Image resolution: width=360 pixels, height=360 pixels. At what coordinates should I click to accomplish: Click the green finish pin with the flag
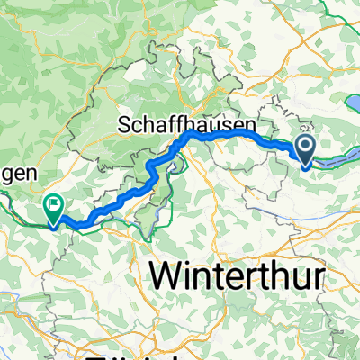click(54, 210)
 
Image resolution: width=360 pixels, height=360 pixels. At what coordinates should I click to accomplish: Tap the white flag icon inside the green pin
click(54, 205)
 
